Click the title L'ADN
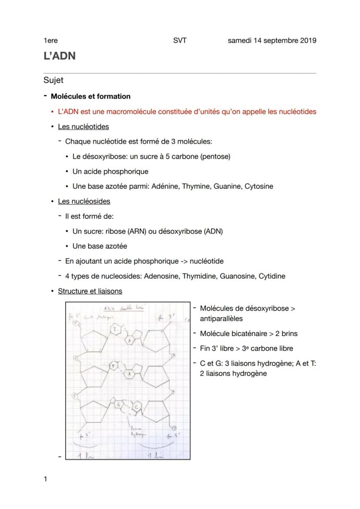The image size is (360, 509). tap(60, 56)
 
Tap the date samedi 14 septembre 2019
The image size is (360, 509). tap(272, 40)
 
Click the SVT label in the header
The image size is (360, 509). tap(180, 40)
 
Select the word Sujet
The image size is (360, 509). tap(53, 80)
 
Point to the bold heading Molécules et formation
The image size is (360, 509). tap(90, 96)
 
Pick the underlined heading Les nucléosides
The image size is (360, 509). tap(84, 201)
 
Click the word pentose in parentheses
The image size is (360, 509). tap(215, 156)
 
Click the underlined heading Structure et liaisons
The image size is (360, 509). tap(90, 291)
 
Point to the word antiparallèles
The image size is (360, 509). tap(221, 319)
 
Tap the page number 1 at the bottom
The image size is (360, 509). tap(45, 479)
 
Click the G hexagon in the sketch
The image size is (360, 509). tap(119, 404)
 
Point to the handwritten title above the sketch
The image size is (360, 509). tap(124, 308)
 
